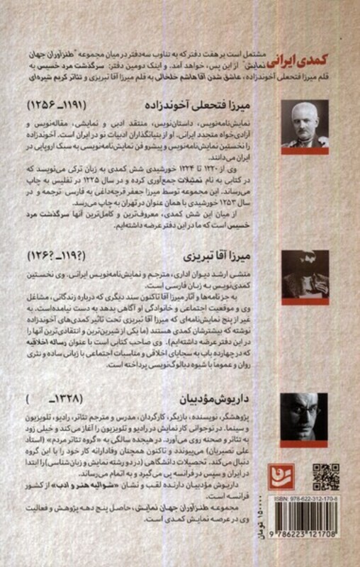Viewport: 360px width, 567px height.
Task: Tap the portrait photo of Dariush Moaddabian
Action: pyautogui.click(x=305, y=419)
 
